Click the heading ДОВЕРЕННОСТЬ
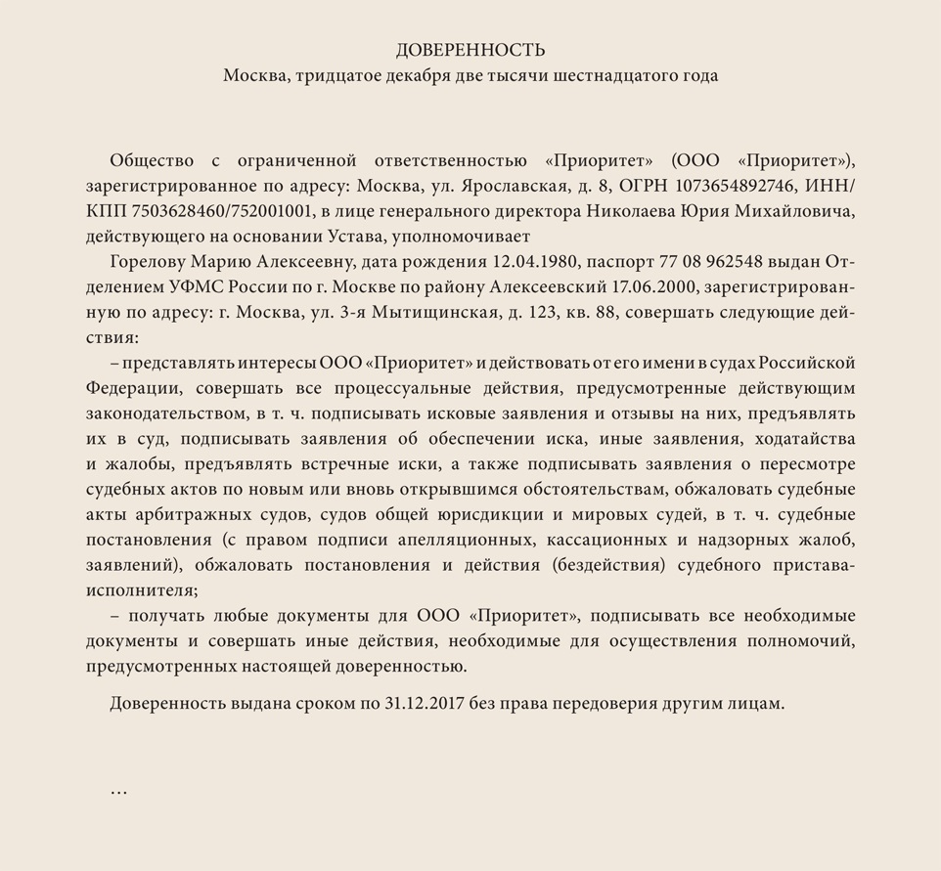(470, 51)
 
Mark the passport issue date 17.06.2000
(648, 287)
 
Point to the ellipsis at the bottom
(118, 790)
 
